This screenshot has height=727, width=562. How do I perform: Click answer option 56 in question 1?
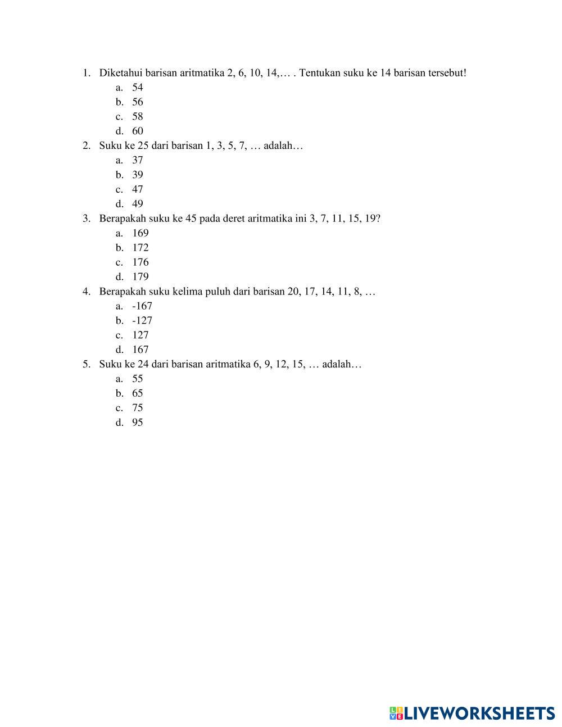(138, 102)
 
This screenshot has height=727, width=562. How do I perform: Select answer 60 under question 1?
(138, 131)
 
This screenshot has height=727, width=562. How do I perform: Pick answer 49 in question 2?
(138, 204)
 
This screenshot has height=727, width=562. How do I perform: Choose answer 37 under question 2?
(138, 160)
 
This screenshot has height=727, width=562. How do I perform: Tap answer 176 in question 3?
(140, 262)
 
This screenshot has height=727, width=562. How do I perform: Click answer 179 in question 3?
(140, 276)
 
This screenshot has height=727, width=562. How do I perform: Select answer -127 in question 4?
(142, 320)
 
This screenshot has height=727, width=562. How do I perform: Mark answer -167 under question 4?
(142, 306)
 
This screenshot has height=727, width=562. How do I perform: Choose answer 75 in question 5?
(138, 408)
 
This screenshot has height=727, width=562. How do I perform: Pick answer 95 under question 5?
(138, 422)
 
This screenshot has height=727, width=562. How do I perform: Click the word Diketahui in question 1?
(117, 72)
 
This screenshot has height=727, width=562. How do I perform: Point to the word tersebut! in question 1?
(447, 72)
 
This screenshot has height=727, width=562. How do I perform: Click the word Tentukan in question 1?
(320, 72)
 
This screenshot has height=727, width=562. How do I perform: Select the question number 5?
(86, 364)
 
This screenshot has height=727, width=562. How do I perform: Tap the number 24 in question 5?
(143, 364)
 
